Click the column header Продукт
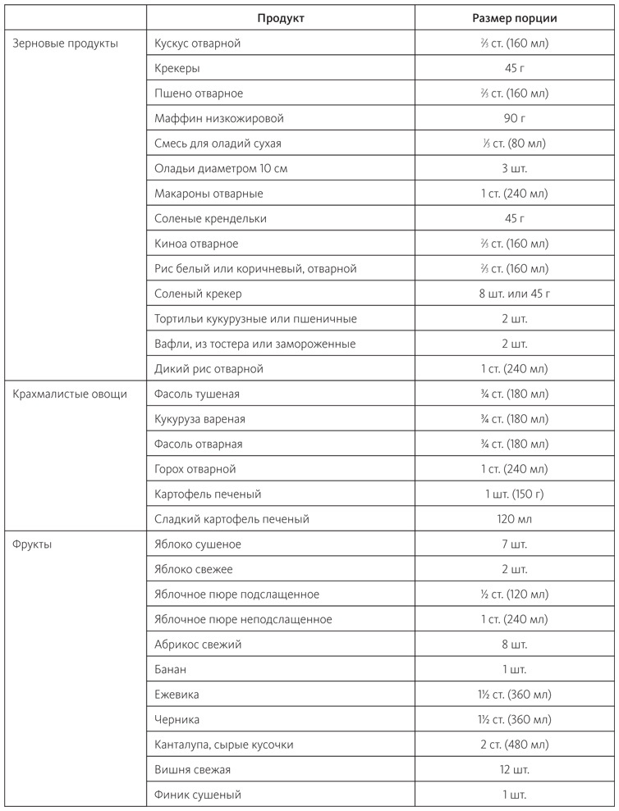point(281,18)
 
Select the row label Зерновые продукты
point(66,43)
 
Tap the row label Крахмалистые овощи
point(70,394)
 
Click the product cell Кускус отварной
point(197,43)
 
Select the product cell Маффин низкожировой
point(218,119)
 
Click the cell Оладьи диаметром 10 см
point(221,169)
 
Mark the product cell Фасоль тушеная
point(197,394)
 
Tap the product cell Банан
point(170,669)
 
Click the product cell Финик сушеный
point(197,795)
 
